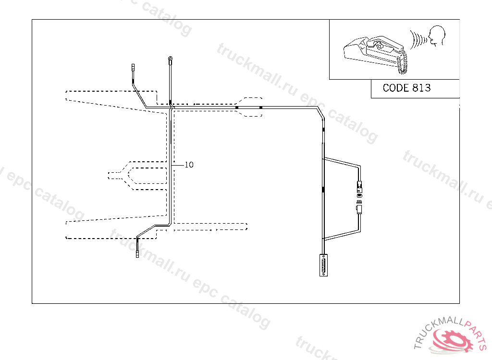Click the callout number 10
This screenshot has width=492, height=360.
(x=189, y=165)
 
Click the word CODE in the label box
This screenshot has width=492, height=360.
(x=396, y=88)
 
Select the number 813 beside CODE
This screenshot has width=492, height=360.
(x=421, y=88)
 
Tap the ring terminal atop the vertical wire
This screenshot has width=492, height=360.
(x=170, y=60)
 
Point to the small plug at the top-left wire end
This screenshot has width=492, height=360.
(x=134, y=67)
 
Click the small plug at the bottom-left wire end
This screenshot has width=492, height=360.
(x=137, y=254)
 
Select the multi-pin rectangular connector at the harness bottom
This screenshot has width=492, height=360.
(x=323, y=265)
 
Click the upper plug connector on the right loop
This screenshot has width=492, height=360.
(x=359, y=185)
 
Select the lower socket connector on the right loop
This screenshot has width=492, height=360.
(x=359, y=209)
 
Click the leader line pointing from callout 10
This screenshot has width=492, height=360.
(x=178, y=165)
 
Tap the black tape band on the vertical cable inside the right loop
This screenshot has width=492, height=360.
(x=323, y=190)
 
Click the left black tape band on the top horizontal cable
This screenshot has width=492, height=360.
(x=237, y=108)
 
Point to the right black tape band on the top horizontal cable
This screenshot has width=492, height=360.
(x=260, y=108)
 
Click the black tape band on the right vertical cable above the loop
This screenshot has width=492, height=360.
(x=323, y=130)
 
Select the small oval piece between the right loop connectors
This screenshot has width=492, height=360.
(x=359, y=195)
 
